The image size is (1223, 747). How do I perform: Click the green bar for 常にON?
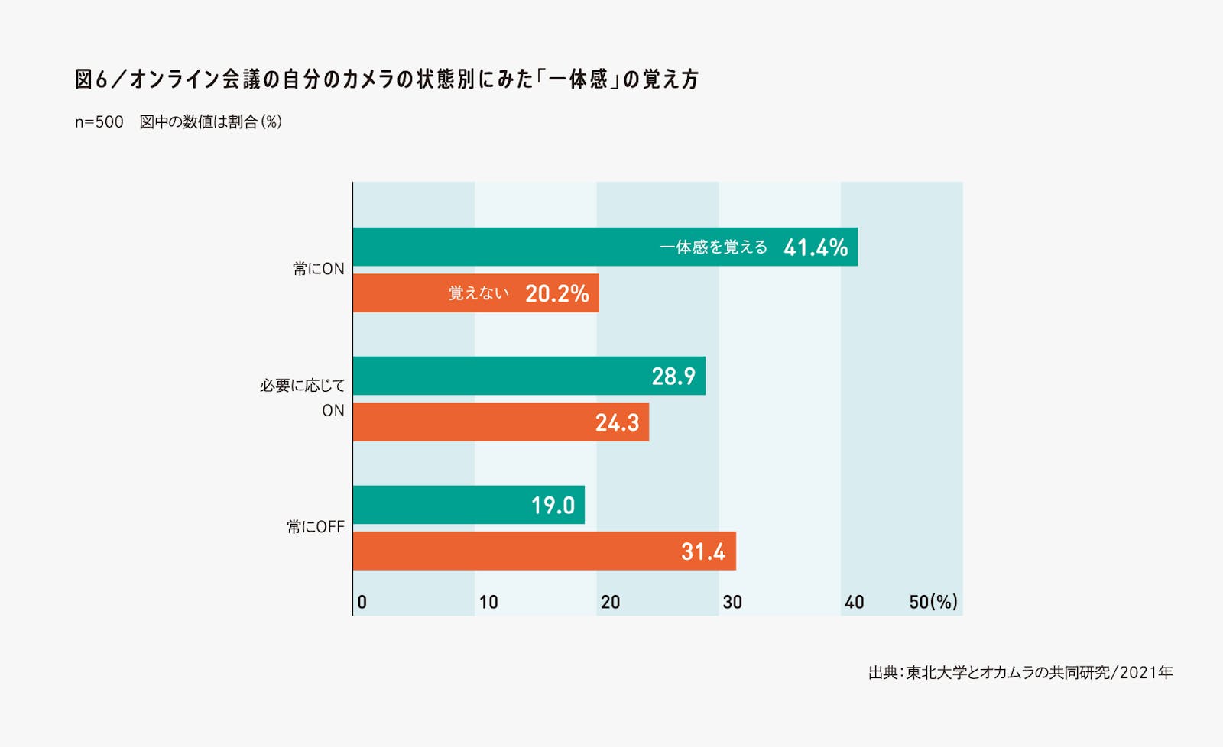point(504,247)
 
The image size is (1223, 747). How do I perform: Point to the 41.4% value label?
point(815,247)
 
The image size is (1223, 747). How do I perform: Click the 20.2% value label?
point(556,294)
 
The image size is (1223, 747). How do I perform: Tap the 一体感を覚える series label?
point(713,247)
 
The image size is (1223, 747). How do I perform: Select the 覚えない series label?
point(478,294)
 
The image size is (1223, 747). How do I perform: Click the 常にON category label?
point(319,269)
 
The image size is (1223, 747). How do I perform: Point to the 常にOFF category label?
point(316,527)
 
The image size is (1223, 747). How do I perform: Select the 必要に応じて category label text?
point(303,386)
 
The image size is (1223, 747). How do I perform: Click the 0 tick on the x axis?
point(362,602)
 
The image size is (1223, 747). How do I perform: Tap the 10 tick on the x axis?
point(488,602)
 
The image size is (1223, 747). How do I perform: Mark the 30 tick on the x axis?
point(732,602)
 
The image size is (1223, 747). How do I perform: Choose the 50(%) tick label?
point(933,602)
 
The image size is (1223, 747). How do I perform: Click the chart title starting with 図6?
point(387,79)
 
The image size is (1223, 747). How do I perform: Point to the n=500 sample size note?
point(99,122)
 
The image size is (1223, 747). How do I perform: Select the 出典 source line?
point(1020,673)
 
